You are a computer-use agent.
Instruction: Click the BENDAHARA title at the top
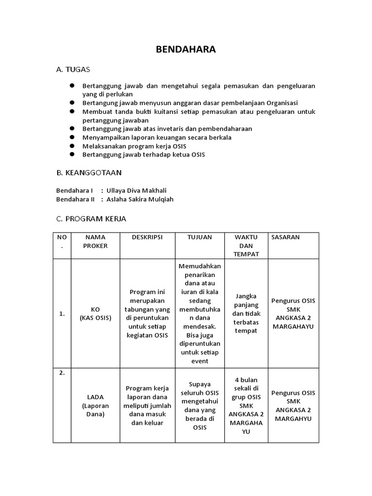click(x=186, y=49)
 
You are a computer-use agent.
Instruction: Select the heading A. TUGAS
click(x=73, y=70)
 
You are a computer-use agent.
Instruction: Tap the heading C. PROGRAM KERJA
click(x=91, y=219)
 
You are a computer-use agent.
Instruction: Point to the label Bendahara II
click(x=75, y=199)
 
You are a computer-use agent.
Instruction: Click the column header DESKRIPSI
click(x=147, y=237)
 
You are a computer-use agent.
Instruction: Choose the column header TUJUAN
click(x=200, y=237)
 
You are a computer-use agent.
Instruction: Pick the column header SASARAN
click(x=286, y=237)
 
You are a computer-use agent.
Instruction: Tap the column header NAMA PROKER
click(x=95, y=241)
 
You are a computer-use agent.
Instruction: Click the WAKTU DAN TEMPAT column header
click(x=246, y=246)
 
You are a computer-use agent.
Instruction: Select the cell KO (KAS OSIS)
click(x=95, y=313)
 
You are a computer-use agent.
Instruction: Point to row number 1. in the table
click(x=62, y=313)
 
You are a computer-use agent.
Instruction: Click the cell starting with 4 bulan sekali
click(x=246, y=405)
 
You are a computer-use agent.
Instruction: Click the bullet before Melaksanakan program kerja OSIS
click(x=71, y=146)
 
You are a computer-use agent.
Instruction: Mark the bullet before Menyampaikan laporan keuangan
click(x=71, y=137)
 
